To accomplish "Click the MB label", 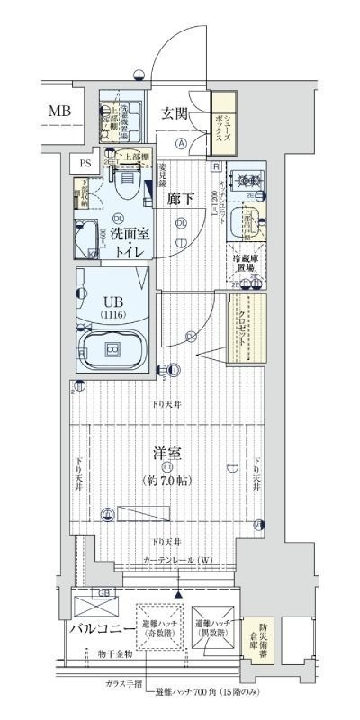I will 59,111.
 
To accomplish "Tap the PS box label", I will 85,163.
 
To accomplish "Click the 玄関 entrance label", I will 176,113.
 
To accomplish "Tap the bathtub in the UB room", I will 112,347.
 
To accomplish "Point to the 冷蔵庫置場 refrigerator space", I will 250,262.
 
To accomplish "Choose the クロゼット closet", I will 247,328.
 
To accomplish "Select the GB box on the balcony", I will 104,593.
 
